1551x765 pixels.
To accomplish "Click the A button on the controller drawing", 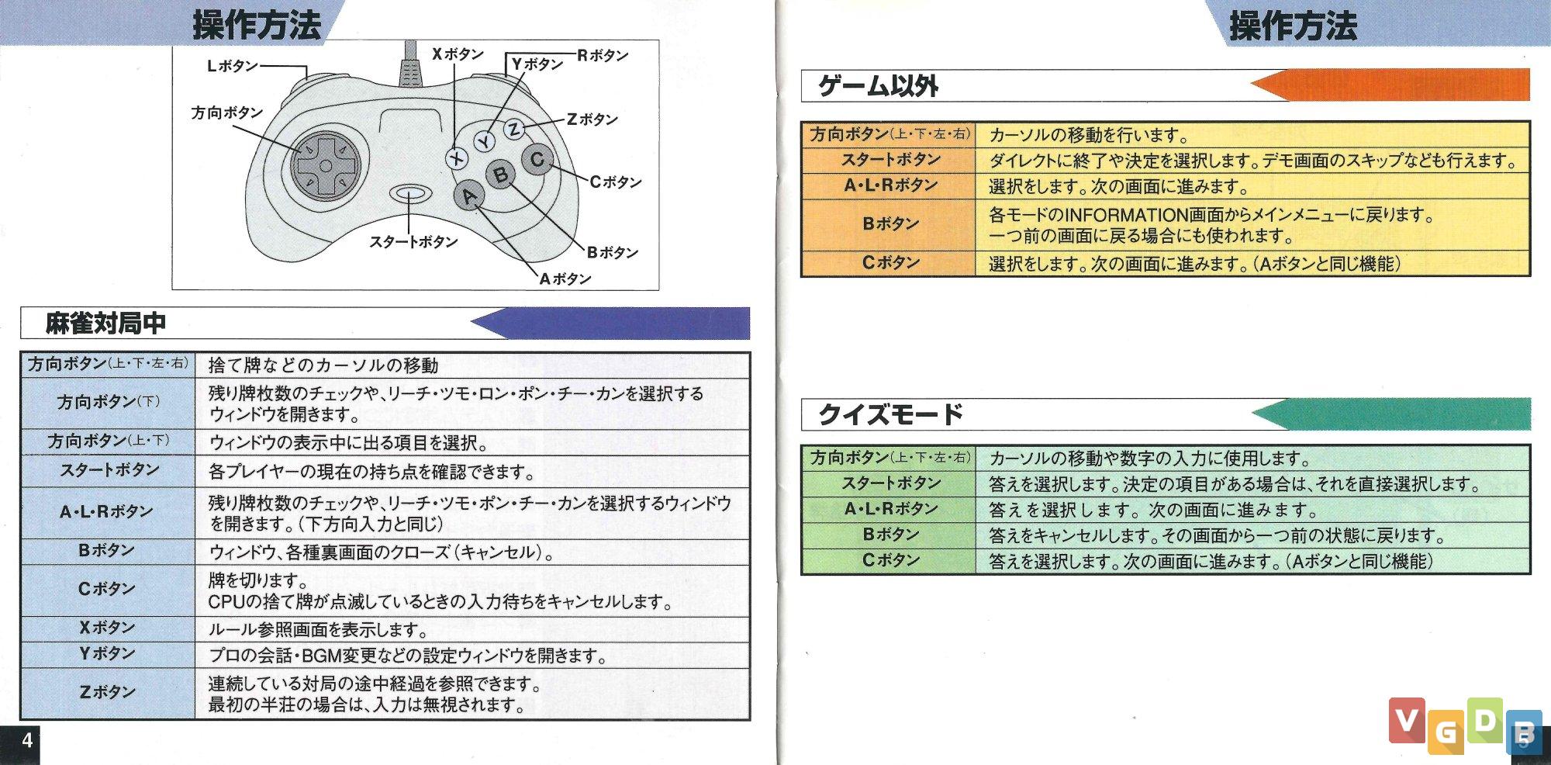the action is tap(470, 196).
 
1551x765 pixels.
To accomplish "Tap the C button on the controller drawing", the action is tap(537, 160).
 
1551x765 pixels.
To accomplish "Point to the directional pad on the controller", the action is tap(326, 165).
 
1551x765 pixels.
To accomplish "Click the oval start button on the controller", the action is tap(410, 193).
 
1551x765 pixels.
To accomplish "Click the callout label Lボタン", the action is tap(233, 66).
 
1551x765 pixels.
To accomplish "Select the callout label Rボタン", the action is tap(603, 55).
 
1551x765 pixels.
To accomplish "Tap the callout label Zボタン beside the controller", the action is tap(592, 119).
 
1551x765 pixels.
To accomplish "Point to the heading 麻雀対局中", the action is tap(105, 323).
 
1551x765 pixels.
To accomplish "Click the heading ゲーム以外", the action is tap(879, 85).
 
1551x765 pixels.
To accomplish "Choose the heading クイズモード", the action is tap(890, 414).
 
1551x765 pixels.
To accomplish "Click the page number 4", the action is tap(27, 739).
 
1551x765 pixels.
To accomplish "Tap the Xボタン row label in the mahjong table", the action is tap(107, 628).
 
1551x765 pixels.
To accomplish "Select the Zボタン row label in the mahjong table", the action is tap(107, 691).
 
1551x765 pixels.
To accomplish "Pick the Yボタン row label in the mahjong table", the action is tap(107, 654).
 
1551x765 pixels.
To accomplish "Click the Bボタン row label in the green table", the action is tap(890, 535).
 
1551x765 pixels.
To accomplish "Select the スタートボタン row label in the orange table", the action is tap(890, 160).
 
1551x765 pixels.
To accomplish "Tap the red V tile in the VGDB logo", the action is tap(1407, 720).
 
